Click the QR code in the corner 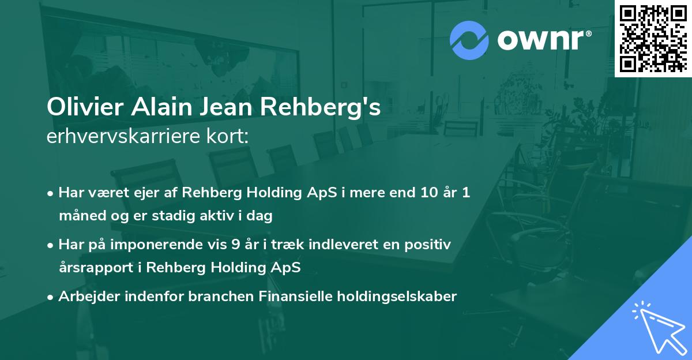pos(653,38)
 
